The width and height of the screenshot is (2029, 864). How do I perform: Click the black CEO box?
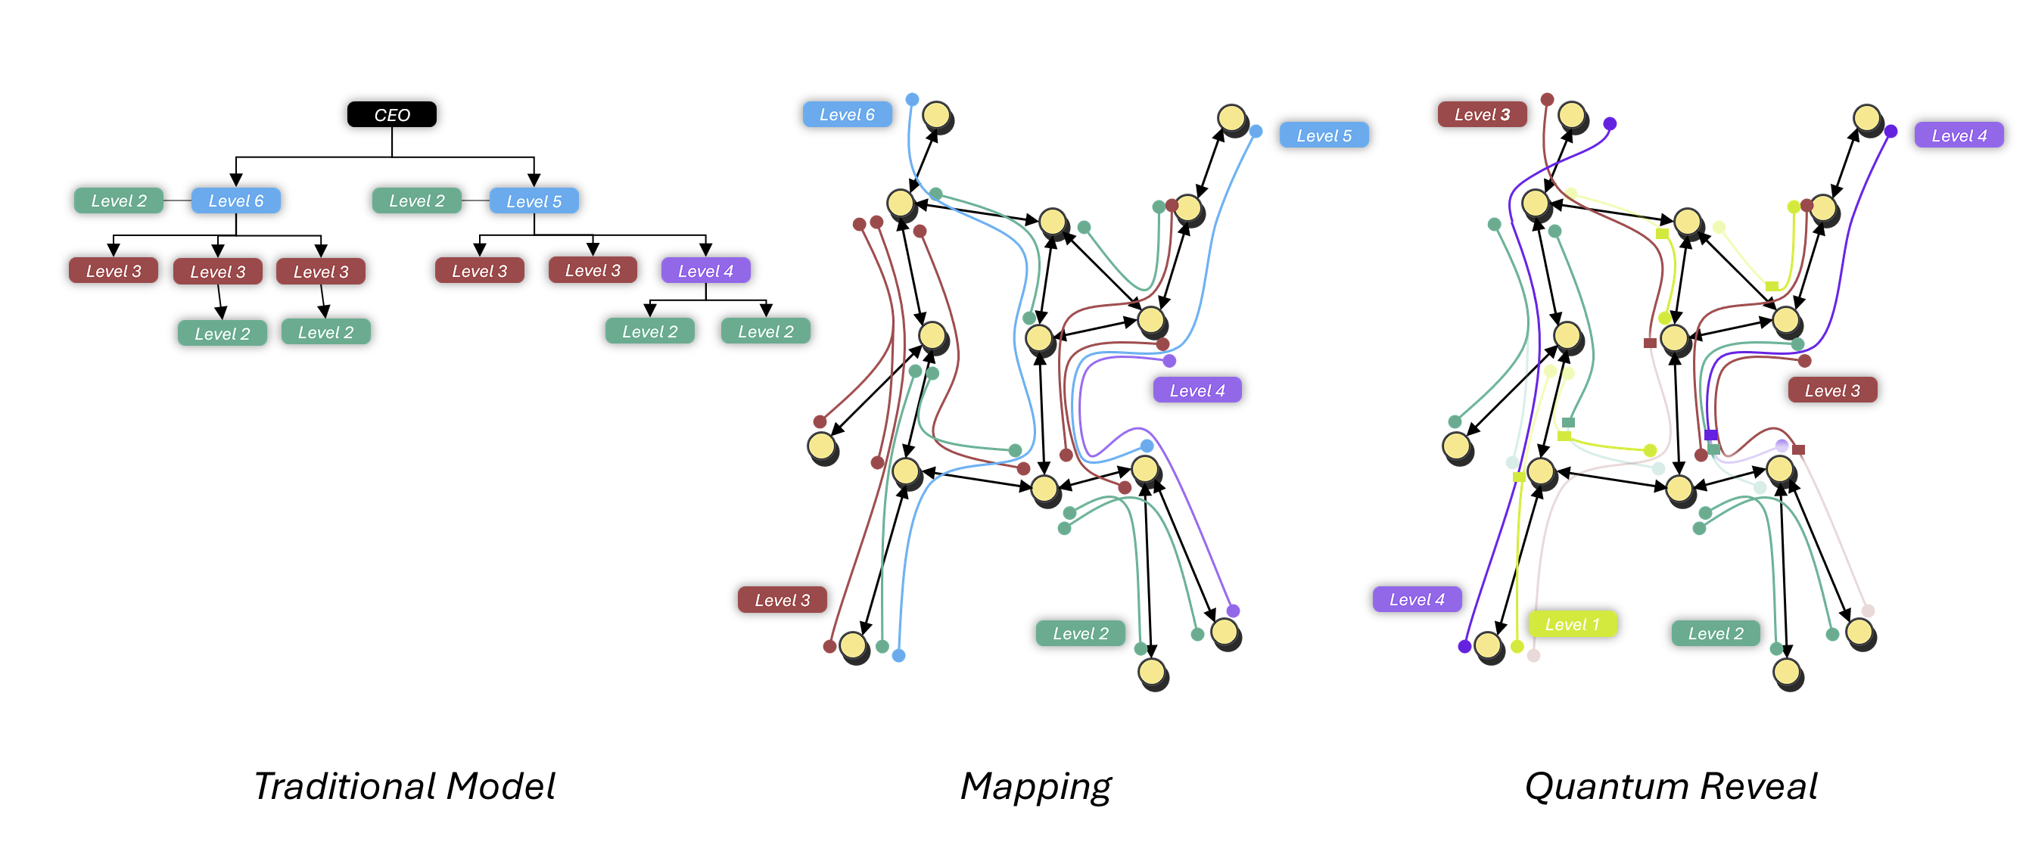[x=391, y=114]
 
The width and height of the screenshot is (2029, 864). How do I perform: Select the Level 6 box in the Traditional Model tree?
[x=235, y=200]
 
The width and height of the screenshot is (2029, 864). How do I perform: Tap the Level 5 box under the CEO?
[x=534, y=200]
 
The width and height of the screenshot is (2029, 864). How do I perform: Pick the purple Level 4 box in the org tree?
[x=705, y=271]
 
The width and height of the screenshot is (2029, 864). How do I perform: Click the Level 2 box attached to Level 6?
[x=118, y=200]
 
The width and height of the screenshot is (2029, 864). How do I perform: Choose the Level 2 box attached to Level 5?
[x=417, y=200]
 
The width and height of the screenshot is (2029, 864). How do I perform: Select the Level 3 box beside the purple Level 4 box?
[x=593, y=270]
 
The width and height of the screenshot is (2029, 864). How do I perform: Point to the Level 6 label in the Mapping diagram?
[x=847, y=114]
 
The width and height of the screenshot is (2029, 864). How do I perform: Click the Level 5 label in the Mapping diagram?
[x=1323, y=135]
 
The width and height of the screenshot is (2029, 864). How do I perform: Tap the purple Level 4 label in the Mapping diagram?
[x=1197, y=390]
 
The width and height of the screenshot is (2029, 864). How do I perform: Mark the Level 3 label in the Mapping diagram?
[x=781, y=599]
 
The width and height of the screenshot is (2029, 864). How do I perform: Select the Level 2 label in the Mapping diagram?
[x=1080, y=633]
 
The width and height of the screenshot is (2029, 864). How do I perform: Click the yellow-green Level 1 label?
[x=1571, y=623]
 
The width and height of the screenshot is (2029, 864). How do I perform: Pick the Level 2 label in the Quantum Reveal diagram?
[x=1716, y=633]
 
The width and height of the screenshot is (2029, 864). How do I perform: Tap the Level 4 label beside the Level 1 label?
[x=1416, y=599]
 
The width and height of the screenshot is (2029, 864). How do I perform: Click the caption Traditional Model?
[x=404, y=786]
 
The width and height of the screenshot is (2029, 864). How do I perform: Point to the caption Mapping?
[x=1035, y=786]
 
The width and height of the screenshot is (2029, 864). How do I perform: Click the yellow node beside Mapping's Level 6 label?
[x=935, y=115]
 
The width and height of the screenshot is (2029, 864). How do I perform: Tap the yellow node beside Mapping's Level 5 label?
[x=1231, y=118]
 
